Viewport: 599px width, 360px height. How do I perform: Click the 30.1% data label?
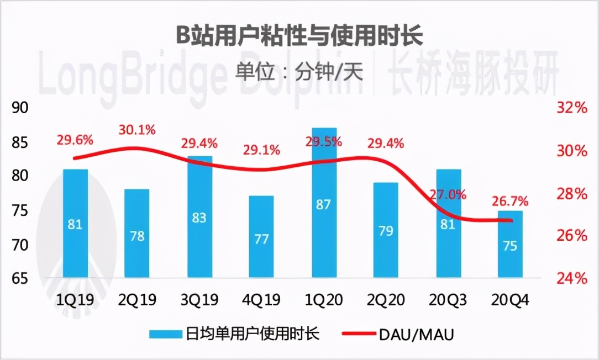[137, 130]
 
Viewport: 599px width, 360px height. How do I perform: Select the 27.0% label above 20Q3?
[448, 194]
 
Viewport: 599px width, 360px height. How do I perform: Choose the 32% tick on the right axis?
[571, 108]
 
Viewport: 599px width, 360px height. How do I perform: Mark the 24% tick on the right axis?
[571, 278]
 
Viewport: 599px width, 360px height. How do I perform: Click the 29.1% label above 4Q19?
[261, 150]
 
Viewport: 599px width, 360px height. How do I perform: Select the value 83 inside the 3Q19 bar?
[199, 218]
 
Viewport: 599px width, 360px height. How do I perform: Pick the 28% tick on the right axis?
[571, 193]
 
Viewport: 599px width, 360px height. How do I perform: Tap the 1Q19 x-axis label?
[75, 300]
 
